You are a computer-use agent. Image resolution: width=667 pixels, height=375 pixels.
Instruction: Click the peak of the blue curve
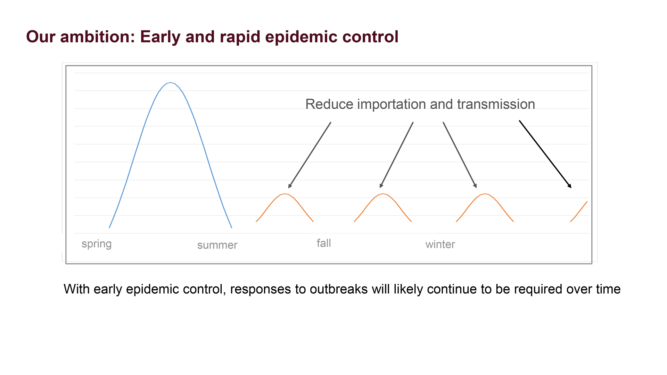click(170, 83)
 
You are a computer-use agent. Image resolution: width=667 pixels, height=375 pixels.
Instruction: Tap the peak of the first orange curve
click(285, 194)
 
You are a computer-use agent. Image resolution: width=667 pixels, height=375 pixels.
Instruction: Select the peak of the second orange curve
click(382, 194)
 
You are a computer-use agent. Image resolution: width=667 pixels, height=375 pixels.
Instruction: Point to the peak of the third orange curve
click(485, 194)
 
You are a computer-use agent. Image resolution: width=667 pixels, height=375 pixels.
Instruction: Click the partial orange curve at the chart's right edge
click(579, 211)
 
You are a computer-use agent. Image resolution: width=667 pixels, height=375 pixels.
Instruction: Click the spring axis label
click(97, 244)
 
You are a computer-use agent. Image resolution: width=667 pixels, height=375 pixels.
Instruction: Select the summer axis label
click(217, 245)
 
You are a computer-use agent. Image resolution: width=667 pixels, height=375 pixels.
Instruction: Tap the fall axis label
click(324, 243)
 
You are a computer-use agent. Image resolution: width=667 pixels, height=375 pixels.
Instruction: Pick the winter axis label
click(440, 244)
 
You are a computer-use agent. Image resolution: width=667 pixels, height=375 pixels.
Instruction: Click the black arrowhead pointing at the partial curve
click(569, 186)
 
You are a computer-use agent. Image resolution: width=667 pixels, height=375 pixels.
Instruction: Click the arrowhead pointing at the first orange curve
click(290, 185)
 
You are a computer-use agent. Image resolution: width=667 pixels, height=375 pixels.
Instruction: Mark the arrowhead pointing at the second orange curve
click(381, 185)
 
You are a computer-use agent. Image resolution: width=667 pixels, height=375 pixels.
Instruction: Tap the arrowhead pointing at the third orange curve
click(475, 185)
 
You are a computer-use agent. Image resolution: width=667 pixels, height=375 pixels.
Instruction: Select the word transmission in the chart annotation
click(496, 104)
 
